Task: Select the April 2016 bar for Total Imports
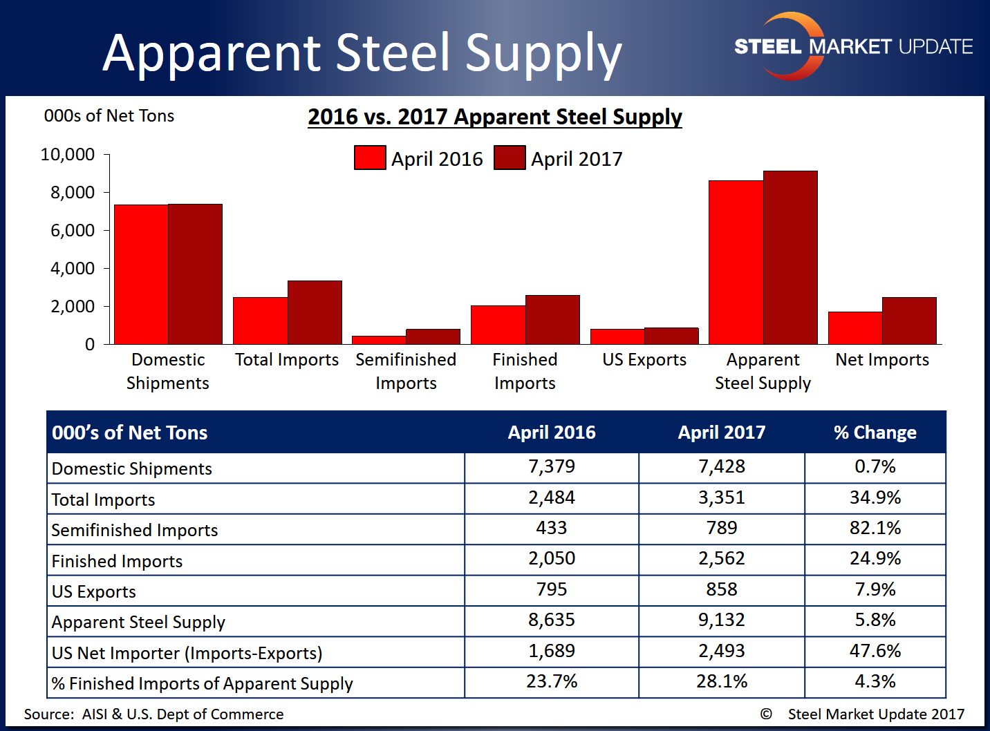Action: click(x=260, y=321)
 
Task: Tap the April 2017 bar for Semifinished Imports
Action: click(x=433, y=336)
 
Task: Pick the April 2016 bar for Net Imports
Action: click(x=855, y=328)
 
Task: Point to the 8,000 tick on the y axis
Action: click(x=73, y=192)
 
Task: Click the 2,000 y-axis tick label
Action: click(x=73, y=306)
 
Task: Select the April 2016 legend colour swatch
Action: click(x=370, y=158)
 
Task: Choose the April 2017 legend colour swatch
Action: click(x=510, y=158)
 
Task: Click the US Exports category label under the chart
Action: click(x=644, y=360)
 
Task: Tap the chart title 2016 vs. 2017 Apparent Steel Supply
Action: click(x=495, y=117)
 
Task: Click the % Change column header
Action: click(x=875, y=433)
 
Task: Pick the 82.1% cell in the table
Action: click(x=875, y=529)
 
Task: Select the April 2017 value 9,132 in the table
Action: click(x=722, y=620)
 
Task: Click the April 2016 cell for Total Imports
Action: click(x=552, y=498)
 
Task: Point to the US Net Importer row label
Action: click(x=187, y=653)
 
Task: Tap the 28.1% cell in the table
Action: click(x=722, y=682)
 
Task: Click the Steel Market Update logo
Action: click(x=853, y=46)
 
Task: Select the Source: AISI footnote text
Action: click(x=154, y=714)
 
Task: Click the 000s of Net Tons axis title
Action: click(x=109, y=115)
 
